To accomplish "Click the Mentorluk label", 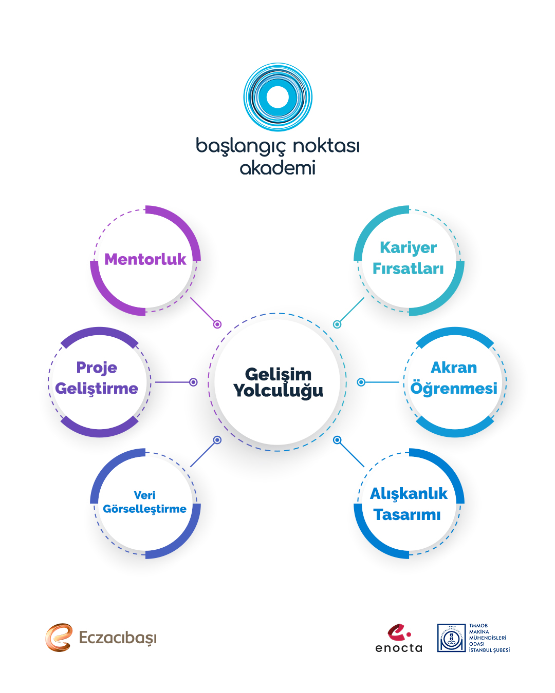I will pos(145,259).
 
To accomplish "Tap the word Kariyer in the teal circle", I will pos(408,247).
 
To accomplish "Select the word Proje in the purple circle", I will pos(97,368).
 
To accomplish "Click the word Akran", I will pos(454,368).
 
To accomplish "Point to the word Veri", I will pos(144,495).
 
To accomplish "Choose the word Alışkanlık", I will pos(409,493).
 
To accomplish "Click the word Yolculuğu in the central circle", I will pos(278,391).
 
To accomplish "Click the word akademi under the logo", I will pos(277,168).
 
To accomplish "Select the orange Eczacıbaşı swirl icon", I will pos(59,638).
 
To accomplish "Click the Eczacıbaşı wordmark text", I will pos(118,638).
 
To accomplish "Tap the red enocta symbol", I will pos(399,632).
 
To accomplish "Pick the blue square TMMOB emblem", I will pos(451,638).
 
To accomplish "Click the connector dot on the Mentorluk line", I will pos(217,324).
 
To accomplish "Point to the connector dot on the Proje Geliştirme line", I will pos(193,382).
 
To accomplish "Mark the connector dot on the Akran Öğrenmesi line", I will pos(361,382).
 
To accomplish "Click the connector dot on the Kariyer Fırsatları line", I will pos(337,324).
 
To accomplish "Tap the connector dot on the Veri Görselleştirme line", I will pos(217,440).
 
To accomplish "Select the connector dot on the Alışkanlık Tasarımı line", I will pos(337,440).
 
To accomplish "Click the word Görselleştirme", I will pos(144,509).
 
